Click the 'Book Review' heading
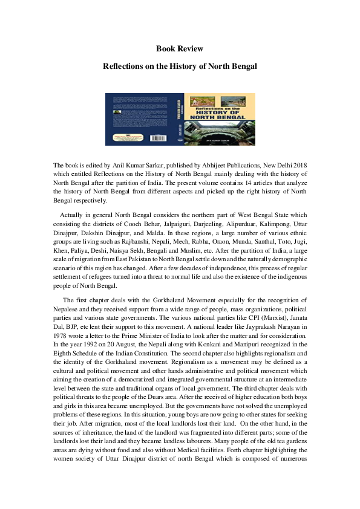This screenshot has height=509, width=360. point(180,48)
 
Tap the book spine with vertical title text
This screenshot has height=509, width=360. point(180,118)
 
